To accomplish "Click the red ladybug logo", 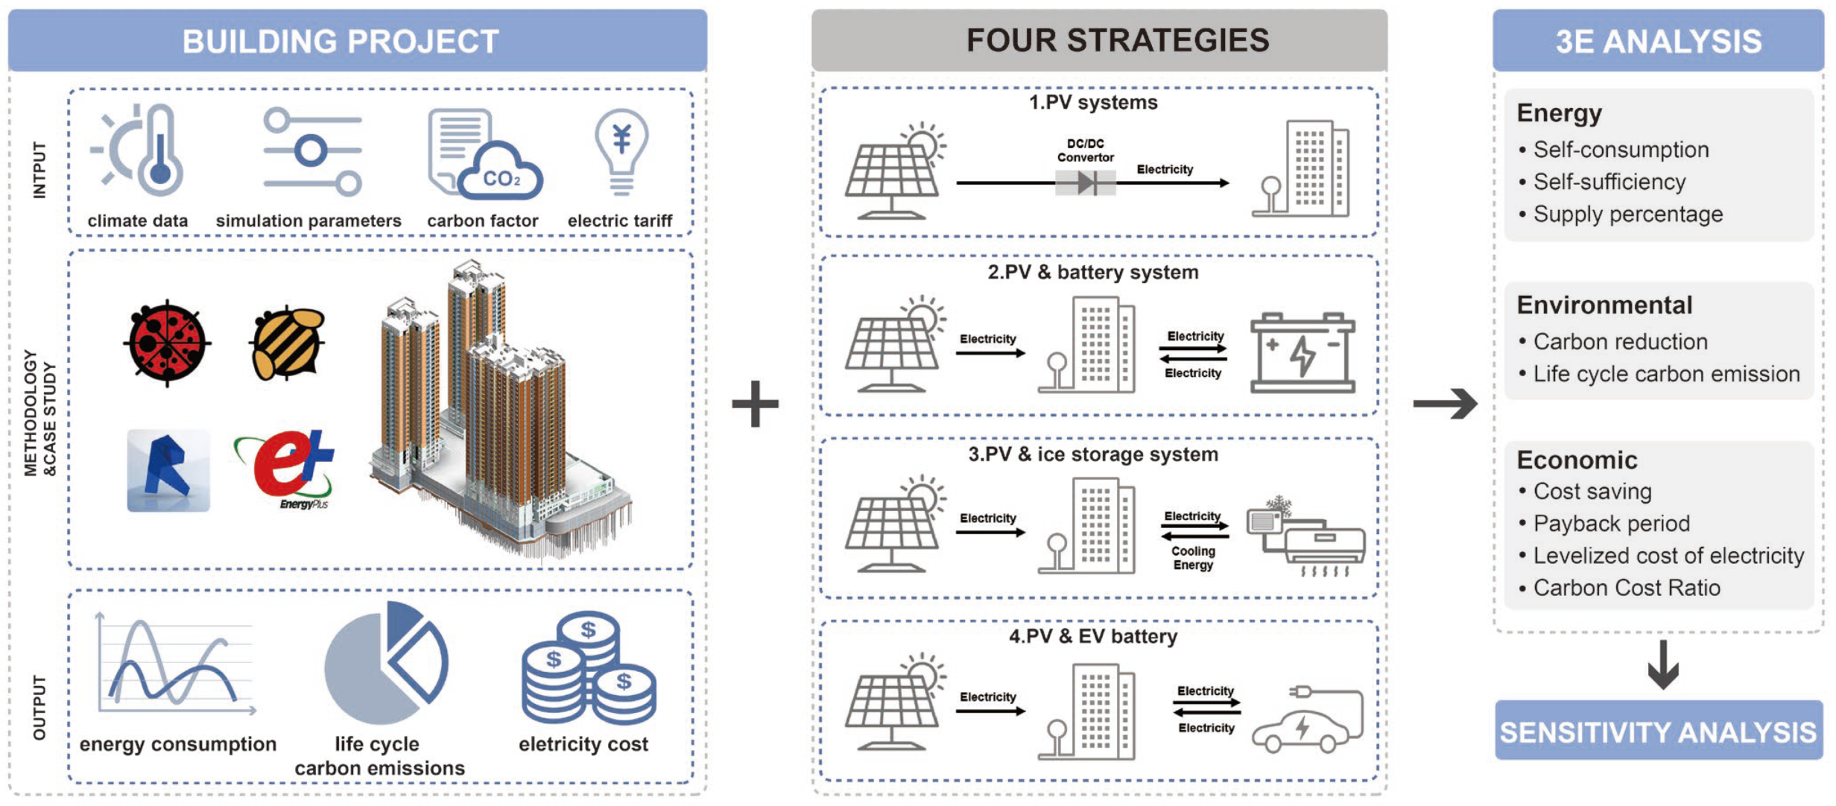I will click(167, 343).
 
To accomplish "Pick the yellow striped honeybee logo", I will click(287, 343).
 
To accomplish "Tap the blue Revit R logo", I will click(168, 470).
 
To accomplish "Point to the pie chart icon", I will click(386, 663).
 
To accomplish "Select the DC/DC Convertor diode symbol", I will click(1086, 183).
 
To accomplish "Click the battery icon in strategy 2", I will click(1302, 352).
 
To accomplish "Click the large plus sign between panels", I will click(755, 404).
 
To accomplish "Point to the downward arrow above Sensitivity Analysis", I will click(1662, 664).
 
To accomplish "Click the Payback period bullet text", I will click(1611, 524).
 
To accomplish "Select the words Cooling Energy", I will click(1193, 558).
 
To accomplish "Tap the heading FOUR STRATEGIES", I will click(1118, 40).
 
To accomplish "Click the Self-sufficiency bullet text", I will click(1609, 182).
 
